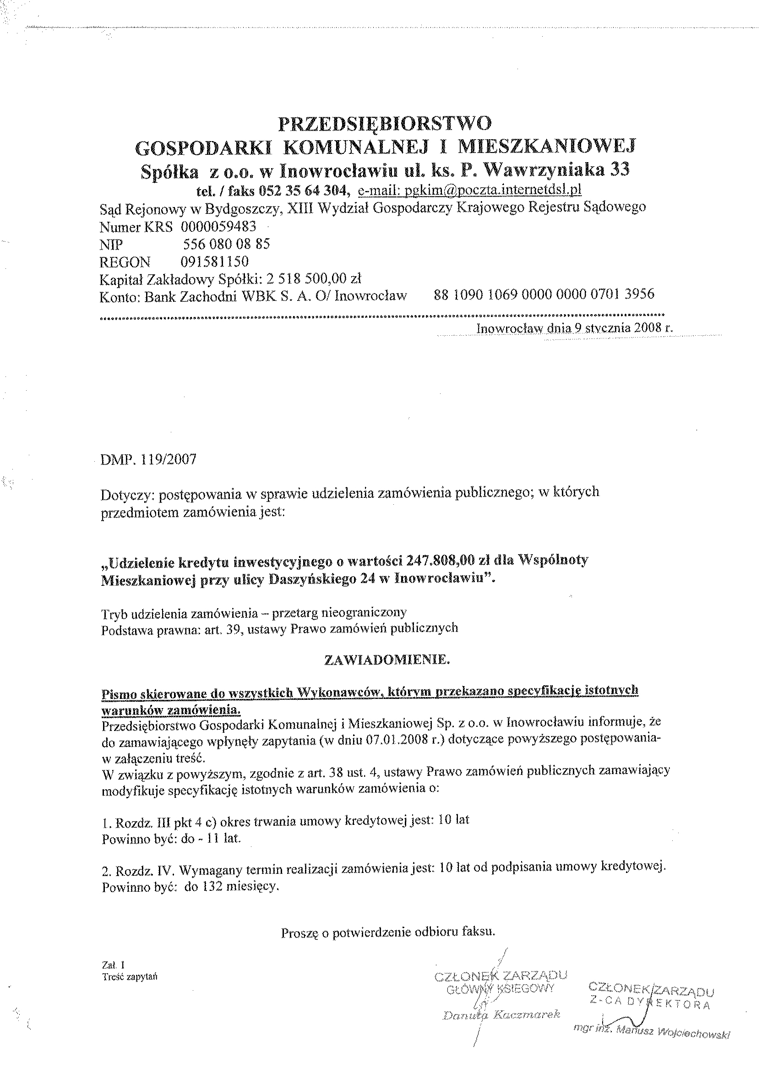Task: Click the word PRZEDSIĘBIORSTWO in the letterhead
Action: pyautogui.click(x=385, y=123)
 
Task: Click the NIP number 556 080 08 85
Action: pyautogui.click(x=226, y=244)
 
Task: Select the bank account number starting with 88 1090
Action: pyautogui.click(x=544, y=294)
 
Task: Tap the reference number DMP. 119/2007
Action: pyautogui.click(x=148, y=459)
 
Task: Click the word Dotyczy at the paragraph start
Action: pyautogui.click(x=128, y=494)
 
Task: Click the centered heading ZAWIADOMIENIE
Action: pyautogui.click(x=387, y=660)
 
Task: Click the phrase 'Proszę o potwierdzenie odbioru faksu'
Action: pyautogui.click(x=388, y=932)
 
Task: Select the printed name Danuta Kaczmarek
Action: pyautogui.click(x=501, y=1014)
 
